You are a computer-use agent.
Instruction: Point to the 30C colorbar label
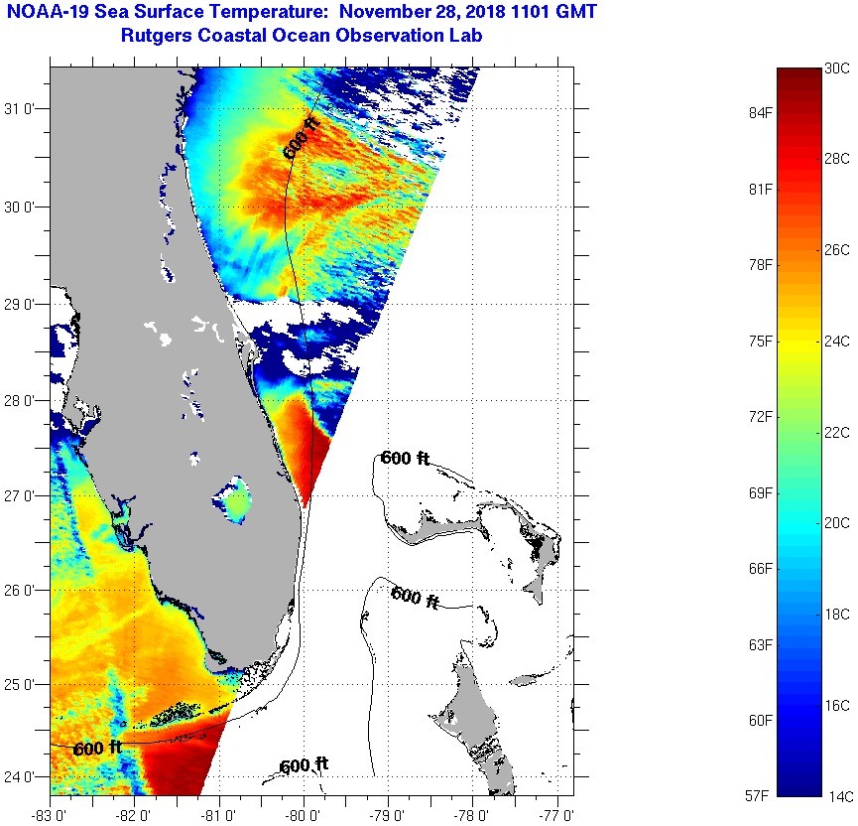click(x=837, y=68)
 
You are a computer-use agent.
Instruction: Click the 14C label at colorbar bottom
click(x=837, y=796)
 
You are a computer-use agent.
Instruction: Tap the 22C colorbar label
click(x=837, y=432)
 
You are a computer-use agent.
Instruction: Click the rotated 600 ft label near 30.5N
click(x=300, y=137)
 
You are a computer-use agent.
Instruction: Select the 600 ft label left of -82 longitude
click(x=97, y=748)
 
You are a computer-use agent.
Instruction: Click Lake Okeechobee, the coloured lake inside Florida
click(x=237, y=504)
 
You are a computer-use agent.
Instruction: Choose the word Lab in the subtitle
click(x=466, y=35)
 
